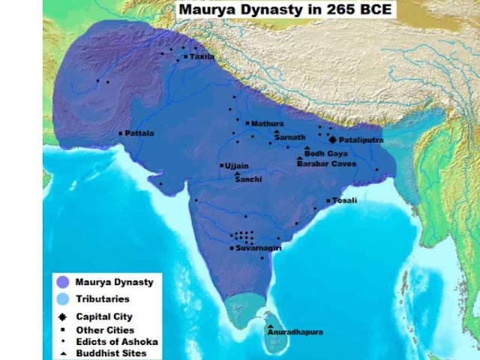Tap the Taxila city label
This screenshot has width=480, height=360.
pos(202,56)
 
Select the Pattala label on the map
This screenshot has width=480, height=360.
pos(139,133)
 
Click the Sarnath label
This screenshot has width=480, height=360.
pos(289,138)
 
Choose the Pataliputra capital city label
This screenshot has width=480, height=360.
pos(361,139)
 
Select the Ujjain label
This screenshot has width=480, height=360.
pos(237,166)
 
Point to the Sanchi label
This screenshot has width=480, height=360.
pos(248,180)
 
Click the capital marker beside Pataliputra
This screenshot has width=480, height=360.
pos(333,139)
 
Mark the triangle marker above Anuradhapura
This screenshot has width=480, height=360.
pos(270,326)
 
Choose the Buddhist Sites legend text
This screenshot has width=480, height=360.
pos(111,353)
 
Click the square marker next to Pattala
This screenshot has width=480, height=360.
pos(121,133)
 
